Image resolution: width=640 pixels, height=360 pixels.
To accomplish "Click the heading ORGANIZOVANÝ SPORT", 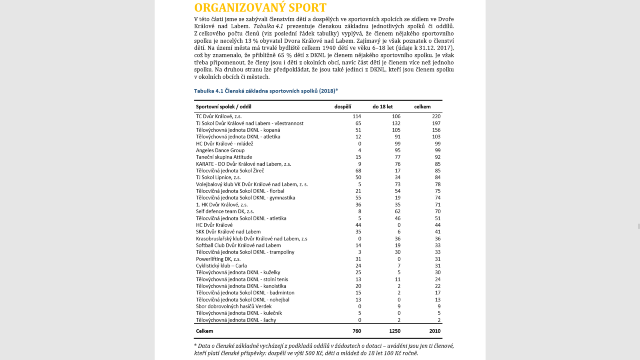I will pyautogui.click(x=260, y=8).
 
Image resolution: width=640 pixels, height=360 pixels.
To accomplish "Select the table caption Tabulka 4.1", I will pyautogui.click(x=266, y=91).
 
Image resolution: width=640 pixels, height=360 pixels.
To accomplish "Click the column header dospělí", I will pyautogui.click(x=343, y=107).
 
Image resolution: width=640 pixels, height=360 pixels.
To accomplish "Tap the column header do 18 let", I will pyautogui.click(x=382, y=107).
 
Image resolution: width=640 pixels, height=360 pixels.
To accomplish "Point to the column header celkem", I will pyautogui.click(x=422, y=107).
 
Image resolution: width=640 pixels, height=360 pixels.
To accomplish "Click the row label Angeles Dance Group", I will pyautogui.click(x=220, y=150).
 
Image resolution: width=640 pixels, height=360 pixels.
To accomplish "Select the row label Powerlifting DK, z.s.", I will pyautogui.click(x=218, y=259).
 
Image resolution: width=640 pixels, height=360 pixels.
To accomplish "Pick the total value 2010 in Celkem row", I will pyautogui.click(x=434, y=331).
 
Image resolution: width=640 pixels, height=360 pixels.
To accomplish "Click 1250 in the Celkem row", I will pyautogui.click(x=394, y=331).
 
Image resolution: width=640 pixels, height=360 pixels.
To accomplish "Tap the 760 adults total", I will pyautogui.click(x=356, y=331).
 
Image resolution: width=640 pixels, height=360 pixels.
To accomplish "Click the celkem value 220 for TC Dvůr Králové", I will pyautogui.click(x=436, y=116).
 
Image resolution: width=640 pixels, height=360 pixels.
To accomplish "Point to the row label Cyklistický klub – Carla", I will pyautogui.click(x=221, y=266).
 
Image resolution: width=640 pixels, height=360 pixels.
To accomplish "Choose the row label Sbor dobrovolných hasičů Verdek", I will pyautogui.click(x=234, y=306).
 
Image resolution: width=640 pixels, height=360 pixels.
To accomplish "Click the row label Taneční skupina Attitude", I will pyautogui.click(x=224, y=157).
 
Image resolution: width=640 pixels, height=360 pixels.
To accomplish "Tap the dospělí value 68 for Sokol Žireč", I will pyautogui.click(x=358, y=171).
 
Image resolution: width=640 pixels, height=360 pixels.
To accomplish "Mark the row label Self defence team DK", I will pyautogui.click(x=225, y=211).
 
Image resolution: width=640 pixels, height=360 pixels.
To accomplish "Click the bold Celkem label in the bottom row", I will pyautogui.click(x=204, y=331).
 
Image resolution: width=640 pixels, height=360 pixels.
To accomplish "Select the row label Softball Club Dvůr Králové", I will pyautogui.click(x=238, y=245).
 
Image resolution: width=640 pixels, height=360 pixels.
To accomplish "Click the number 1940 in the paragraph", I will pyautogui.click(x=329, y=48).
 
